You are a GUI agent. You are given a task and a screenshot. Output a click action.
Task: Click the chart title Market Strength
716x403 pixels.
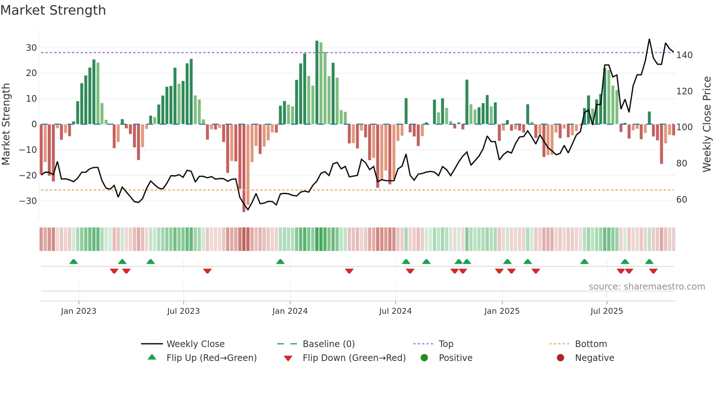[x=53, y=10]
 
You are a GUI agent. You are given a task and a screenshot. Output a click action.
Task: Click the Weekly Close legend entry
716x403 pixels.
[x=195, y=344]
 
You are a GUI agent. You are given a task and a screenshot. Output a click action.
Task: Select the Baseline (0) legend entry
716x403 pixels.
[x=328, y=344]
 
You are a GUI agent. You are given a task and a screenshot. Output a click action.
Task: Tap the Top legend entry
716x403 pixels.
[x=446, y=344]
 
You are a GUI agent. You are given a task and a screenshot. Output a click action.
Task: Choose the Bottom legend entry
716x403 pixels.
[x=591, y=344]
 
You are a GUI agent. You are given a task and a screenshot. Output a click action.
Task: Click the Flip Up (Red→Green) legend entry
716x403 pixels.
[x=212, y=358]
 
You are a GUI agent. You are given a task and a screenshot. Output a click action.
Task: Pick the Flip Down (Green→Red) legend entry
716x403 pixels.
[x=354, y=358]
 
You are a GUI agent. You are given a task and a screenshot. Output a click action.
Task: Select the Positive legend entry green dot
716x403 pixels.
[x=424, y=358]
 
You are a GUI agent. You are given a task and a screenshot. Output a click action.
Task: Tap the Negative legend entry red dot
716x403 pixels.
[x=560, y=358]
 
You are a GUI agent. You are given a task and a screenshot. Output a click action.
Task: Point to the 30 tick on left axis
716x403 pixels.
[x=31, y=48]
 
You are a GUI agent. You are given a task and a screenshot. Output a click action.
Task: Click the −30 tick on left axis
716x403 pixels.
[x=28, y=201]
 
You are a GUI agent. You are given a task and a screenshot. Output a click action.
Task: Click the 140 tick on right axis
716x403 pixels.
[x=684, y=55]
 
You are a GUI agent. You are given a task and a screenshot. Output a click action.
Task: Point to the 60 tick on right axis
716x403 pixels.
[x=682, y=200]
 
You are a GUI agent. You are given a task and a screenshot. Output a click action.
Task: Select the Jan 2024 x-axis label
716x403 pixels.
[x=290, y=311]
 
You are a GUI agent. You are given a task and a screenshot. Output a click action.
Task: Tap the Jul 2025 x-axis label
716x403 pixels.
[x=606, y=311]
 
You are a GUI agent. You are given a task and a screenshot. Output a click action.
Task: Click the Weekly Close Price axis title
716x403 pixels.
[x=707, y=124]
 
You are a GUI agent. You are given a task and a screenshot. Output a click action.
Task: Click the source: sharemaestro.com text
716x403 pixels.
[x=647, y=287]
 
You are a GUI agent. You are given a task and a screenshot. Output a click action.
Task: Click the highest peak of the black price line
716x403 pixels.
[x=649, y=39]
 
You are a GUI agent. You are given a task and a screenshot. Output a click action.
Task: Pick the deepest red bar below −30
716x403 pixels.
[x=244, y=168]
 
